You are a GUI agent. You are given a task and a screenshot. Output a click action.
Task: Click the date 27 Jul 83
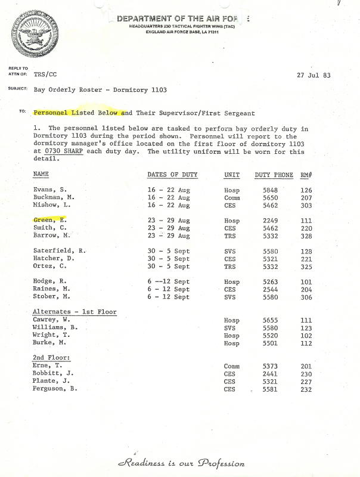(314, 76)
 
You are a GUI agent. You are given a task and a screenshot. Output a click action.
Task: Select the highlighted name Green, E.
(50, 221)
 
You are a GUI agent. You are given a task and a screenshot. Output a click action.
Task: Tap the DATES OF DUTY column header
(172, 174)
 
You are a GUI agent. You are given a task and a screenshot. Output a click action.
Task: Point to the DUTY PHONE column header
(274, 174)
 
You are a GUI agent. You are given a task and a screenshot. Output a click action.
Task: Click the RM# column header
(307, 174)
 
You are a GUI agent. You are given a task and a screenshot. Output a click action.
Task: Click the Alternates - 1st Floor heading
(75, 312)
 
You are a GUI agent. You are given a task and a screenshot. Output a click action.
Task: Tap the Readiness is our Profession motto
(181, 463)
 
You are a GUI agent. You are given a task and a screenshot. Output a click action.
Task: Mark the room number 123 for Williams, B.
(307, 327)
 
